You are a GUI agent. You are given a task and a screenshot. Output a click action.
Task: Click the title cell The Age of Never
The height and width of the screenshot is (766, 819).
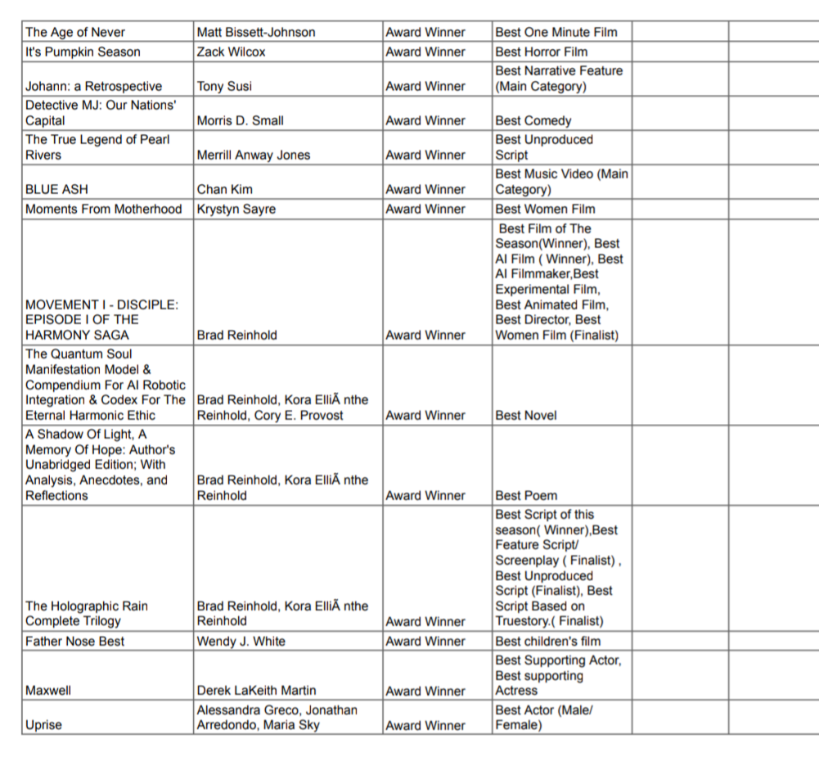click(x=75, y=33)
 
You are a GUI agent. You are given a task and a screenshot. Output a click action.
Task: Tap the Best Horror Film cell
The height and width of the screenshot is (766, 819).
click(x=542, y=52)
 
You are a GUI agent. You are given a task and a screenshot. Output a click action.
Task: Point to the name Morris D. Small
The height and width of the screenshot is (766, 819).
click(x=240, y=121)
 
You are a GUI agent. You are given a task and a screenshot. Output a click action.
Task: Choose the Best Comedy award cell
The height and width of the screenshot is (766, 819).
click(x=533, y=121)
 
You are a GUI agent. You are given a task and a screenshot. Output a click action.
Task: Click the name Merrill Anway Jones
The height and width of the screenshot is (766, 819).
click(x=254, y=155)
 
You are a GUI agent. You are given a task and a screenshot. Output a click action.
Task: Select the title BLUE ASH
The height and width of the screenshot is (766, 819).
click(x=56, y=190)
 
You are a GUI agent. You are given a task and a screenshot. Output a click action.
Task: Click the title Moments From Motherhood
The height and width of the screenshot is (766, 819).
click(x=103, y=210)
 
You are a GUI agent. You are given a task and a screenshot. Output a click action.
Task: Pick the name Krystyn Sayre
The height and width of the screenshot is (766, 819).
click(x=236, y=210)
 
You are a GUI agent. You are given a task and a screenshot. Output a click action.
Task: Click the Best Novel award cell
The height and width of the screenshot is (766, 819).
click(x=526, y=416)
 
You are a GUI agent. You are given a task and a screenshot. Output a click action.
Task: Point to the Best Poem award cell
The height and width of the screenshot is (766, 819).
click(x=525, y=496)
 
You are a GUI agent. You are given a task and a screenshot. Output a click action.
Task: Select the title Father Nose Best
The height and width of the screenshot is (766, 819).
click(x=74, y=642)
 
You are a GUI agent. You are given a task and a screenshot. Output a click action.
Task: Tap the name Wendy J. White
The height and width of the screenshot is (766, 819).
click(x=241, y=642)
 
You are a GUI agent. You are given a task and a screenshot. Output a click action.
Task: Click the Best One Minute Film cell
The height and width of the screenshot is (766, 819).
click(x=556, y=33)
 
